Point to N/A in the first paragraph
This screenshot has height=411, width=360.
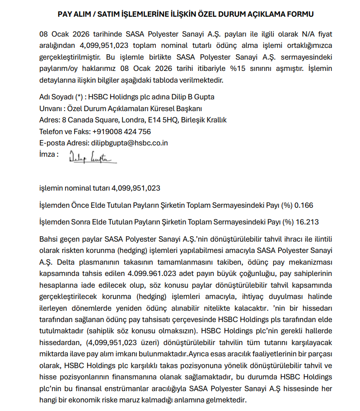coord(295,34)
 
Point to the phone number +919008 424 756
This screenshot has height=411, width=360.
coord(122,131)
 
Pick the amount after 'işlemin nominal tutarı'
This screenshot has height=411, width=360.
coord(136,188)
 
